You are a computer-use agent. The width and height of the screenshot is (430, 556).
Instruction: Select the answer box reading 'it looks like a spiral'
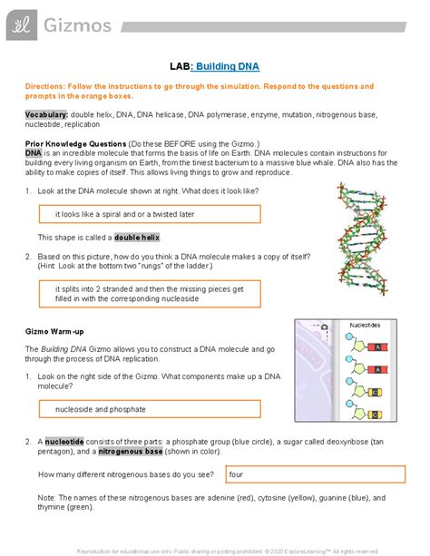149,214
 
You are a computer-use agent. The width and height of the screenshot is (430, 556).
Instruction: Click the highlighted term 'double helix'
137,237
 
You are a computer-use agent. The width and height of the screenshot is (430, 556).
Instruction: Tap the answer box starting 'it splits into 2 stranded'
149,292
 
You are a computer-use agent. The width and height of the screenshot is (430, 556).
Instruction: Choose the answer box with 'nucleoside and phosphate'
149,409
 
